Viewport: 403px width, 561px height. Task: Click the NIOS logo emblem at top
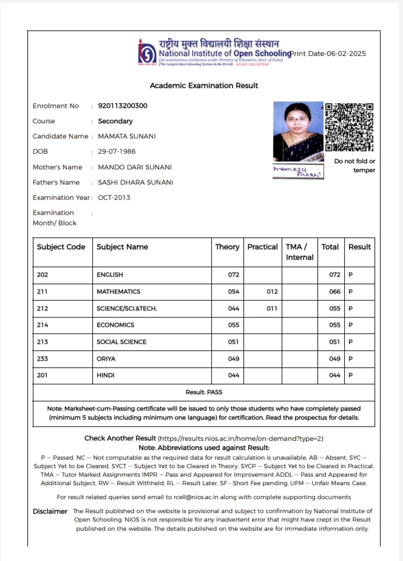(x=147, y=51)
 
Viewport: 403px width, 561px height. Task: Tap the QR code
(x=350, y=127)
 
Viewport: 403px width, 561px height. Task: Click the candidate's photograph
(x=298, y=131)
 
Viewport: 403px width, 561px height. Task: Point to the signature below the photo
(x=298, y=171)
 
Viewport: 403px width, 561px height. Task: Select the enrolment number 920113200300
(x=123, y=106)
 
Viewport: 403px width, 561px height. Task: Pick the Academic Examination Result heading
(x=204, y=86)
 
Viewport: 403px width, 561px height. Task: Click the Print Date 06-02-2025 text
(x=328, y=53)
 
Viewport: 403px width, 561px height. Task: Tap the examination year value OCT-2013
(x=114, y=197)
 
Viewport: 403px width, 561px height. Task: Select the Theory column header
(x=228, y=247)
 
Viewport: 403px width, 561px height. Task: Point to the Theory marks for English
(x=234, y=275)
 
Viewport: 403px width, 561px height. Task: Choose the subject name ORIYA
(x=106, y=359)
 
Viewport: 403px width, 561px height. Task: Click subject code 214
(x=42, y=325)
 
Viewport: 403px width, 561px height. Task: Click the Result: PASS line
(x=204, y=392)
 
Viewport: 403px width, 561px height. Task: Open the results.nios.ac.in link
(x=241, y=438)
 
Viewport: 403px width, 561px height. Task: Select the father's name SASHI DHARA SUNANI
(x=135, y=182)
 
